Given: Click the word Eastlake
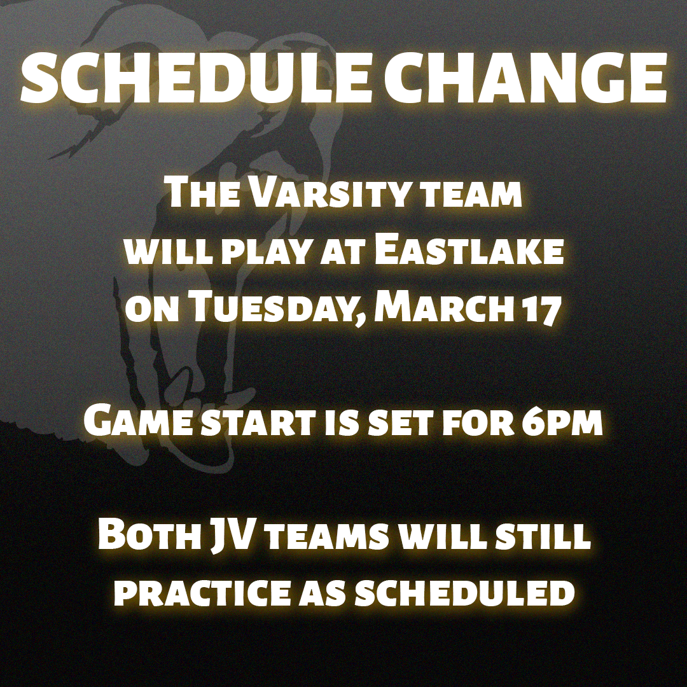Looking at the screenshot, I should pyautogui.click(x=469, y=252).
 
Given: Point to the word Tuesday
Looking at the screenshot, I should pyautogui.click(x=275, y=310).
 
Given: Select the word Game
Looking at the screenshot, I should pyautogui.click(x=135, y=422).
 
